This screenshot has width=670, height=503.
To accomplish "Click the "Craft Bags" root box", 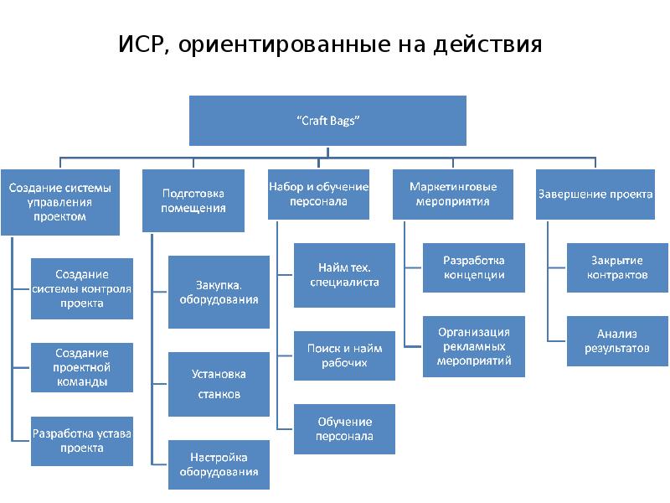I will coord(327,121).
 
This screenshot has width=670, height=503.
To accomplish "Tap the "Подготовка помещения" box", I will coord(193,201).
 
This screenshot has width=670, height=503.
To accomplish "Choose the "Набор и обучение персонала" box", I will coord(318,194).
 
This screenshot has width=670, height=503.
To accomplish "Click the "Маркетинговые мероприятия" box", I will coord(452,194).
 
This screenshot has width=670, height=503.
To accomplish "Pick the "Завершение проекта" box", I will coord(595,194).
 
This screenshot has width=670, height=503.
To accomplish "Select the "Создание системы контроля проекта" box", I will coord(82,288).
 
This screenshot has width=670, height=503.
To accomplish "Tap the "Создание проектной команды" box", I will coord(82,368).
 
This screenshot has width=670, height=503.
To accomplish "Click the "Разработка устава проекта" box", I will coord(82,441).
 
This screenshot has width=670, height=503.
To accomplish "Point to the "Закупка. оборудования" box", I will coord(219,292).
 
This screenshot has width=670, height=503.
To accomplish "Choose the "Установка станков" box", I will coord(219,384).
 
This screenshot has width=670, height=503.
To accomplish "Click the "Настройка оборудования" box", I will coord(219,464).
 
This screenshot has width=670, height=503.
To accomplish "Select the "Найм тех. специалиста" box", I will coord(344,274).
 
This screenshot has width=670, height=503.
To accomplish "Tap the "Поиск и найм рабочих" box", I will coord(344,355).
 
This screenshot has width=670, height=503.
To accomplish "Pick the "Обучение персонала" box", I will coord(344,428).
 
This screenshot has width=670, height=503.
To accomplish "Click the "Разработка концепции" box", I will coord(474,267).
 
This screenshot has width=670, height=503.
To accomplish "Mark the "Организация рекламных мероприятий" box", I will coord(474,346).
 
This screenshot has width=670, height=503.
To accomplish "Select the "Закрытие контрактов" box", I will coord(617,267).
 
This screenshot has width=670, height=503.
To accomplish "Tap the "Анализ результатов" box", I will coord(617,340).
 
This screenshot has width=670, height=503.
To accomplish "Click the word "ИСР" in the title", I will coord(142,44).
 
